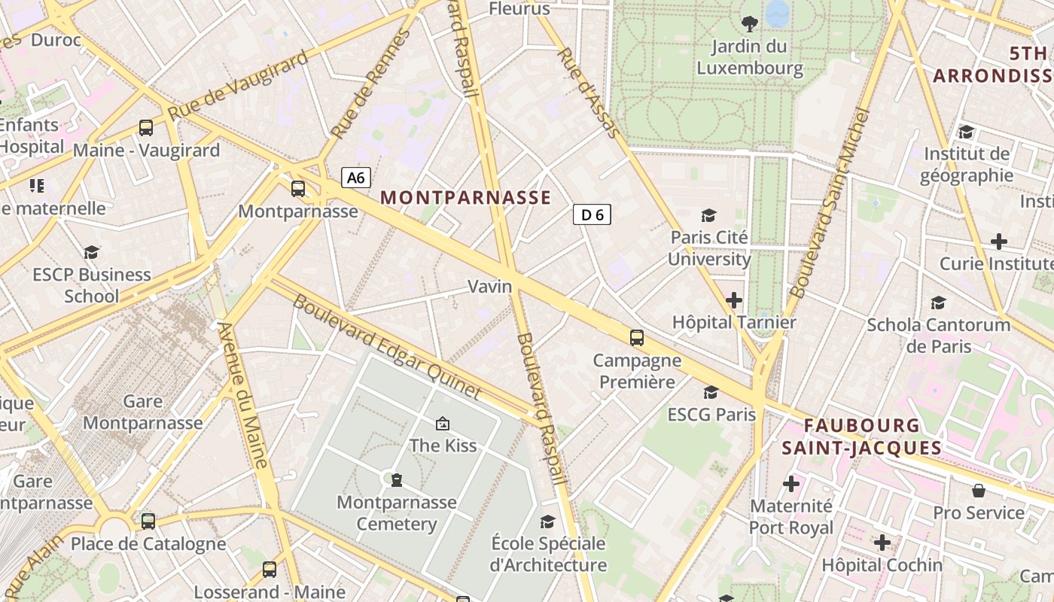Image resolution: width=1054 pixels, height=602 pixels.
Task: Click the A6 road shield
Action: click(356, 178)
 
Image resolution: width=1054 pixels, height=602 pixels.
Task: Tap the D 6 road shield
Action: click(592, 215)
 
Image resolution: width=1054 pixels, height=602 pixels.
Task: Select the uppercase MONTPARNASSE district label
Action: click(465, 198)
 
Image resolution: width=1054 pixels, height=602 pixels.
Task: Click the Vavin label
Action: click(490, 287)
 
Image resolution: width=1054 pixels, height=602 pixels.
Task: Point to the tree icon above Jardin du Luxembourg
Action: click(750, 24)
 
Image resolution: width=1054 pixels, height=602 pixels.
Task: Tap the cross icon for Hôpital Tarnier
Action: click(733, 301)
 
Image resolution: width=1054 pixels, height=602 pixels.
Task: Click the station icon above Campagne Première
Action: click(637, 338)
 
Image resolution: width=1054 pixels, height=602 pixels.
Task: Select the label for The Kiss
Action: click(443, 445)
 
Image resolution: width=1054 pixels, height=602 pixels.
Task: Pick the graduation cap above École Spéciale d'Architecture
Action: click(548, 521)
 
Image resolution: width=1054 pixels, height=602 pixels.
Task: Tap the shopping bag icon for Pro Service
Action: click(979, 491)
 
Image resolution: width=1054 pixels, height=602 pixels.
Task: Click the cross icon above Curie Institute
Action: click(998, 242)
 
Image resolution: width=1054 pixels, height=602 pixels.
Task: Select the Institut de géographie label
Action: click(967, 165)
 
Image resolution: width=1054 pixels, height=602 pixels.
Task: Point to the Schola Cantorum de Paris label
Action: click(939, 336)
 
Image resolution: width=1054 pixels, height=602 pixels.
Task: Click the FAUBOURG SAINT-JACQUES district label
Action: click(861, 437)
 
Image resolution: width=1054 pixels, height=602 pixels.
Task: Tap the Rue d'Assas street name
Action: click(589, 93)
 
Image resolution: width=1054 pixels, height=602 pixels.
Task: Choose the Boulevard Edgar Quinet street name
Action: click(386, 347)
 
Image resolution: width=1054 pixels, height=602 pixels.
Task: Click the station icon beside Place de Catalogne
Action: click(148, 521)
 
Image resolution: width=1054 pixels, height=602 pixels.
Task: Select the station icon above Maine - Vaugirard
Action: click(146, 128)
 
